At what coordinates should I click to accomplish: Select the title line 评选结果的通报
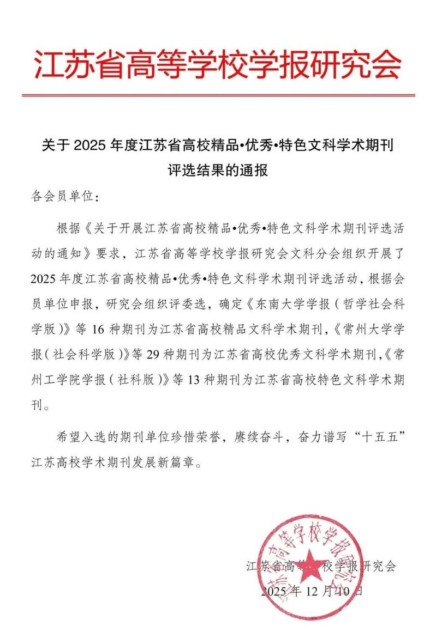(x=218, y=171)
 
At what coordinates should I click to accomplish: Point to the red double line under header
(x=218, y=96)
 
